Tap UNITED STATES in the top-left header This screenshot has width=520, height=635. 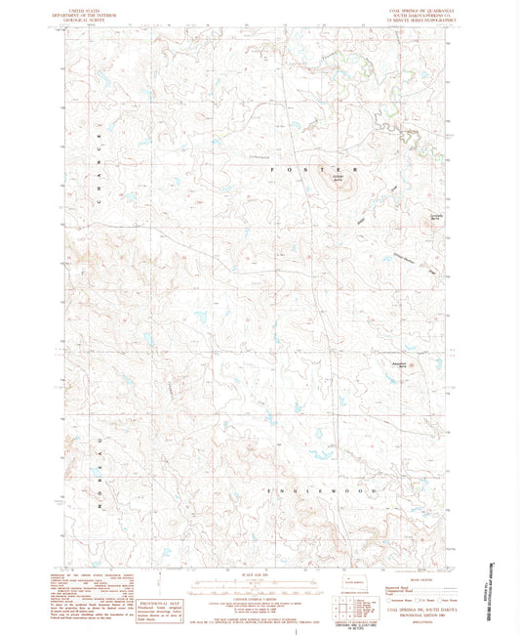coord(98,7)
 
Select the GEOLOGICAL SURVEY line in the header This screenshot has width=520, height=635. coord(98,17)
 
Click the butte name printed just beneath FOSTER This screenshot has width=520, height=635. coord(337,180)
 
